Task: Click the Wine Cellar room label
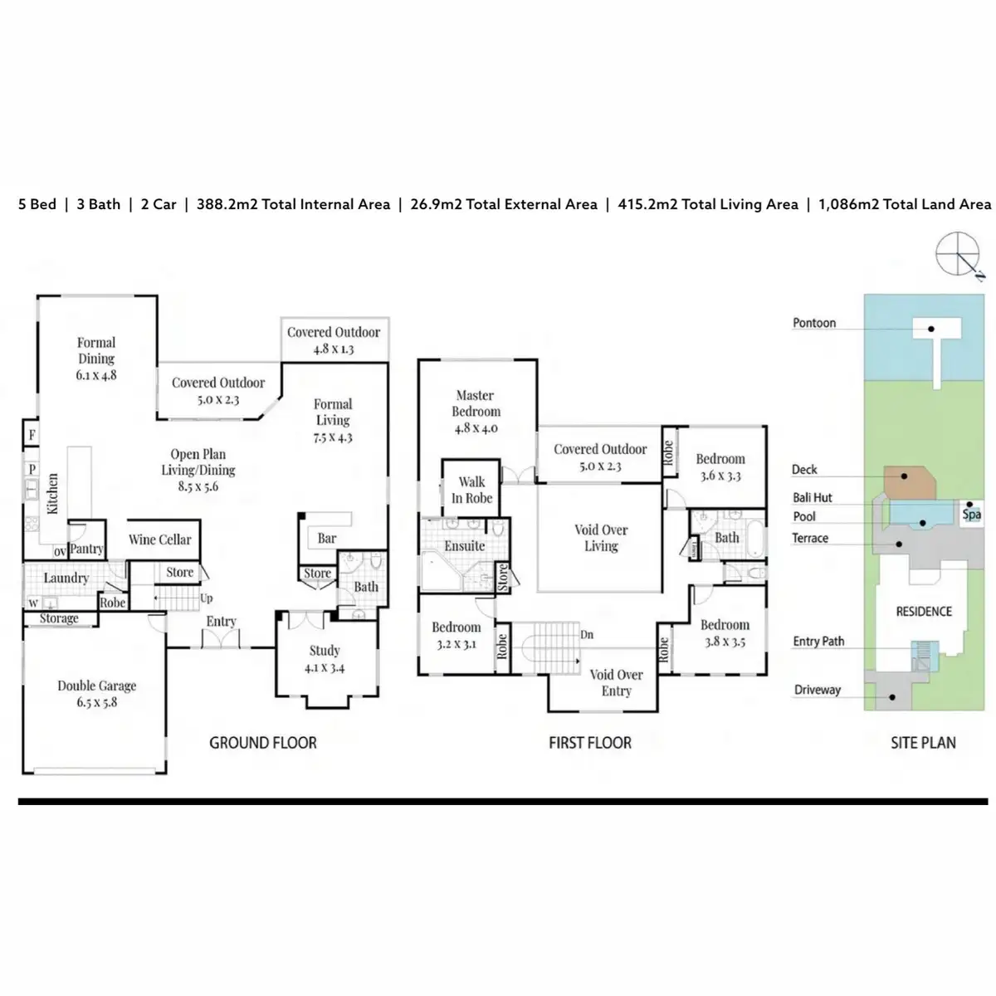click(159, 539)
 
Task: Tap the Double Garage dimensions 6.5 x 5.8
click(96, 702)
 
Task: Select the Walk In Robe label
click(472, 490)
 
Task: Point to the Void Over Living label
click(601, 538)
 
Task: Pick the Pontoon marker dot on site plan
click(931, 329)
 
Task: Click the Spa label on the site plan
click(971, 515)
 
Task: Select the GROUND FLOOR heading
click(262, 743)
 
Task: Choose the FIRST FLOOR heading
click(590, 743)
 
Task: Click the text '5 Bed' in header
click(37, 204)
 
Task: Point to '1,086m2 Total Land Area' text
click(905, 204)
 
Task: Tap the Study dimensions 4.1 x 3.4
click(324, 668)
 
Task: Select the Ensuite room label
click(465, 545)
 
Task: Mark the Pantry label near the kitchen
click(86, 549)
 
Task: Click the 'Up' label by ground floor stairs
click(206, 598)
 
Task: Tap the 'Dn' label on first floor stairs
click(587, 634)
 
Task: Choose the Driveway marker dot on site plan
click(892, 697)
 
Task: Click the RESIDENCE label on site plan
click(924, 612)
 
